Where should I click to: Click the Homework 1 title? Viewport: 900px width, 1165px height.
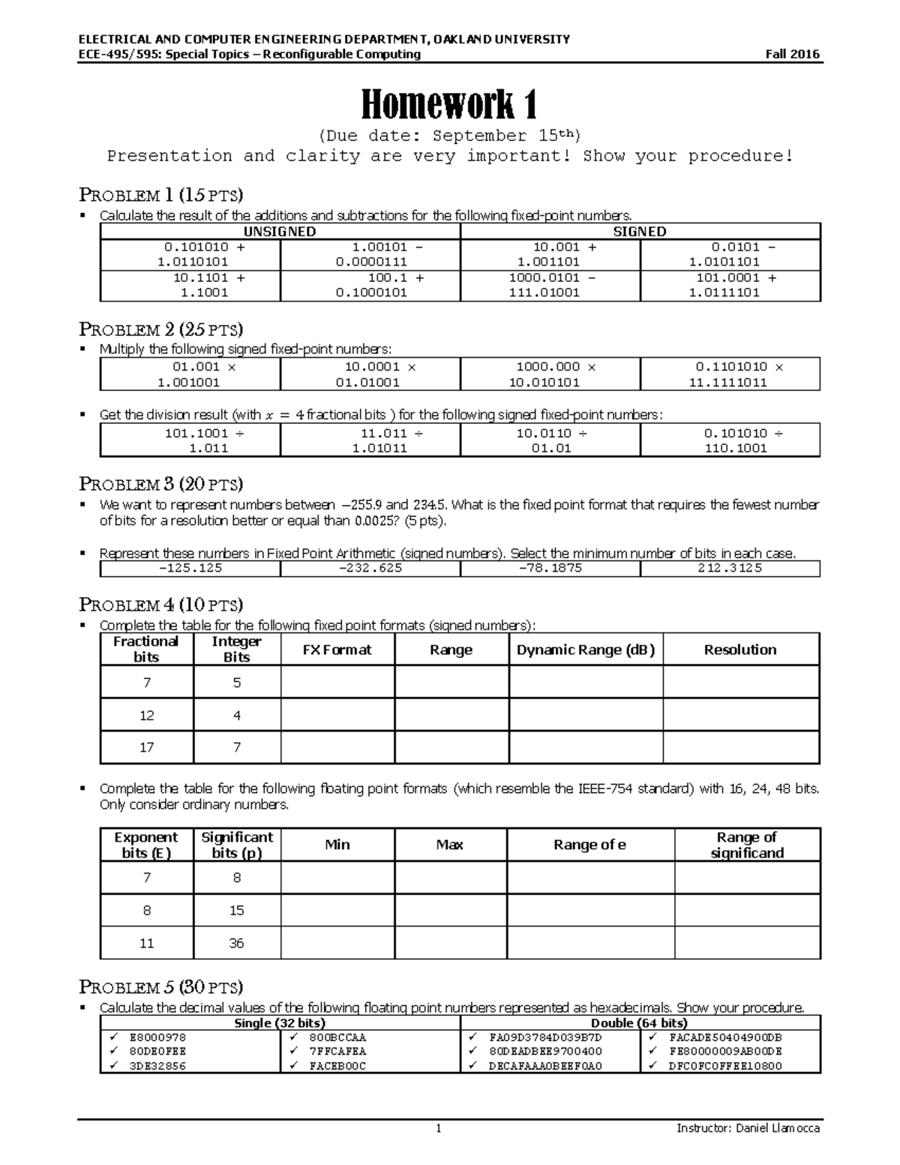(x=449, y=104)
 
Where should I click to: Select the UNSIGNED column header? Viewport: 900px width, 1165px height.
(x=280, y=232)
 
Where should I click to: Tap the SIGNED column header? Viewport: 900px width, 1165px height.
(x=640, y=232)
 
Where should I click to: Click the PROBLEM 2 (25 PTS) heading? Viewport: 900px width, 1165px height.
(x=161, y=329)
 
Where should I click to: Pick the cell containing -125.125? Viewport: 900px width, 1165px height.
(x=190, y=568)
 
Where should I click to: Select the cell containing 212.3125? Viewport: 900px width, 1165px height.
(x=730, y=568)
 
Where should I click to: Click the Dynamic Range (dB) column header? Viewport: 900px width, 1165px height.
(x=586, y=650)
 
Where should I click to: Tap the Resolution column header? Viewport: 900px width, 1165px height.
(x=740, y=650)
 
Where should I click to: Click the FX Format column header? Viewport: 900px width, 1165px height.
(x=337, y=650)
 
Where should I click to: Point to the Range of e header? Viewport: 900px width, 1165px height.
(x=589, y=845)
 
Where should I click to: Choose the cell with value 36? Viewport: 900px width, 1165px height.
(x=236, y=943)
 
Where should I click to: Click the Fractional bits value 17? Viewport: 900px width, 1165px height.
(x=146, y=747)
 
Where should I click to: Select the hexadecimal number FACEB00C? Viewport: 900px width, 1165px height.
(x=337, y=1065)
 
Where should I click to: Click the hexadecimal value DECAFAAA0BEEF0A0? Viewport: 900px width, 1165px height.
(x=545, y=1065)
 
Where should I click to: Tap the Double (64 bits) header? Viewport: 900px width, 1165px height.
(x=640, y=1022)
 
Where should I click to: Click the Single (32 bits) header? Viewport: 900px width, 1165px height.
(x=280, y=1022)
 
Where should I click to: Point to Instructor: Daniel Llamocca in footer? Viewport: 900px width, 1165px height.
(x=748, y=1128)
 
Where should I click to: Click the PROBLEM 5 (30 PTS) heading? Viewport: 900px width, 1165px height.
(x=161, y=986)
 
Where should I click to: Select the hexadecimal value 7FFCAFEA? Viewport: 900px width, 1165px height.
(x=337, y=1051)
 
